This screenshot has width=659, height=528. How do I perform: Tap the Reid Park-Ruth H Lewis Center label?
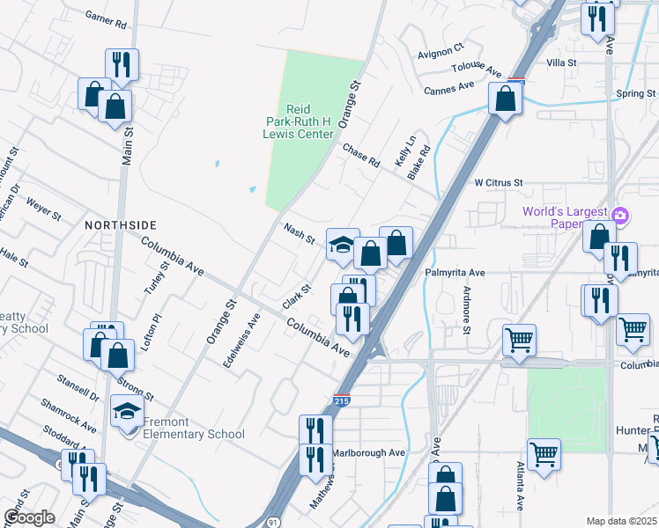301,121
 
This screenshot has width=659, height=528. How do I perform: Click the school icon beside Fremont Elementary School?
127,411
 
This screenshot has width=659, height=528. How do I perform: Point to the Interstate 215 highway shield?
341,400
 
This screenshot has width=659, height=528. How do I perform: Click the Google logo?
29,517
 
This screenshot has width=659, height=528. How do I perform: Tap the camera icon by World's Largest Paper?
619,215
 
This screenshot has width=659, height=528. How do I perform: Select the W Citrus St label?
499,183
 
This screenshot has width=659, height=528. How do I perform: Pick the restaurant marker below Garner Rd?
121,63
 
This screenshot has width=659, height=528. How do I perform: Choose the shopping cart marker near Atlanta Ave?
544,454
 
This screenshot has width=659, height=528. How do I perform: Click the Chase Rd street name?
360,156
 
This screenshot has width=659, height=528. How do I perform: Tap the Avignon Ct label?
441,51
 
